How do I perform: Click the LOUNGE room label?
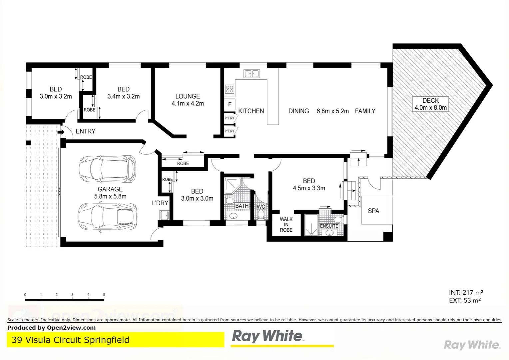(188, 96)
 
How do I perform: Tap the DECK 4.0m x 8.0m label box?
(430, 104)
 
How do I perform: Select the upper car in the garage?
(107, 169)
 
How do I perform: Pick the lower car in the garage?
(107, 217)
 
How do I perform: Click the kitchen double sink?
(252, 73)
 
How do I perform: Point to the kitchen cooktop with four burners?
(230, 89)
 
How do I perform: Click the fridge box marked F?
(230, 104)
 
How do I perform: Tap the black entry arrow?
(61, 132)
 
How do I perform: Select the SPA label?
(373, 211)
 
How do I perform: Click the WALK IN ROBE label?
(286, 225)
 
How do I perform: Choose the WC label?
(261, 207)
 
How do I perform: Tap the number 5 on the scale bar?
(104, 295)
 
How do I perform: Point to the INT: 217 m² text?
(466, 293)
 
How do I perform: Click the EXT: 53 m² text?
(465, 301)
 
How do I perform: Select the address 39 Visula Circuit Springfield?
(71, 340)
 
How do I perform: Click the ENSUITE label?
(329, 226)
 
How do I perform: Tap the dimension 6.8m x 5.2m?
(332, 111)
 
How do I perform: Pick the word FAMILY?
(365, 111)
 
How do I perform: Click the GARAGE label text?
(110, 189)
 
